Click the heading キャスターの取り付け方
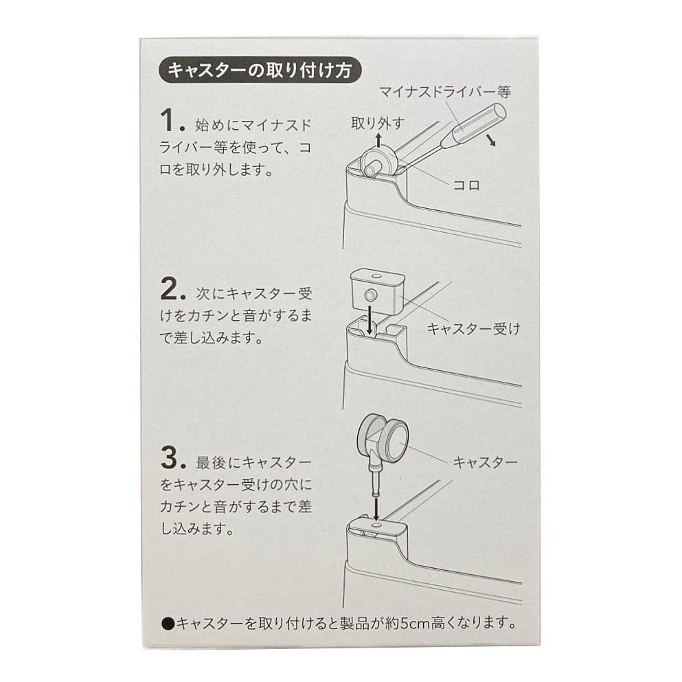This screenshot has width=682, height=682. pyautogui.click(x=260, y=70)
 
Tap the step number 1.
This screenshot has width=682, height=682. pyautogui.click(x=172, y=120)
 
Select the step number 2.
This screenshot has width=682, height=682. pyautogui.click(x=173, y=289)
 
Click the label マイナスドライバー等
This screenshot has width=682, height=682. pyautogui.click(x=444, y=92)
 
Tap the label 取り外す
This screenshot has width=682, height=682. pyautogui.click(x=378, y=124)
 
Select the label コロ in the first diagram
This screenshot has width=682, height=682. pyautogui.click(x=466, y=185)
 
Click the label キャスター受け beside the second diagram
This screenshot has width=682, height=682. pyautogui.click(x=474, y=328)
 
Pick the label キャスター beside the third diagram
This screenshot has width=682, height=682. pyautogui.click(x=485, y=462)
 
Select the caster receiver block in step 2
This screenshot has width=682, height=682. pyautogui.click(x=376, y=290)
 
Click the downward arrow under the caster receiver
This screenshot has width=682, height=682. pyautogui.click(x=370, y=319)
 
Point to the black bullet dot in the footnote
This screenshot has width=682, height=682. pyautogui.click(x=168, y=624)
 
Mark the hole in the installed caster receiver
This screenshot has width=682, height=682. pyautogui.click(x=376, y=526)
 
